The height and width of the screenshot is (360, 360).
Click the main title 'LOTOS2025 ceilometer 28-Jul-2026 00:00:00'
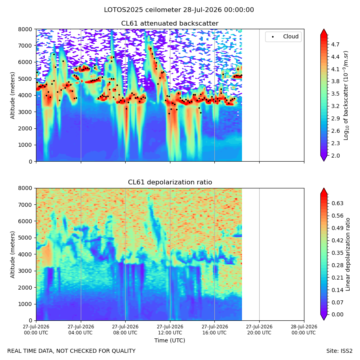(179, 10)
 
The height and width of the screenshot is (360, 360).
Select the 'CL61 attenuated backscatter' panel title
(170, 24)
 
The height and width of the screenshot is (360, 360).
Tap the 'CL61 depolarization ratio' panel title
(170, 182)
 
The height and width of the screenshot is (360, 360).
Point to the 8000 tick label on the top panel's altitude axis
(25, 29)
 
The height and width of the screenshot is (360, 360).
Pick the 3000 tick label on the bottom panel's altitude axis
(25, 271)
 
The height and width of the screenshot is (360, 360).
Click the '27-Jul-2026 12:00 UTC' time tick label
(170, 330)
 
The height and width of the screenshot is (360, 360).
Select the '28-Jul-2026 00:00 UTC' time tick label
(304, 330)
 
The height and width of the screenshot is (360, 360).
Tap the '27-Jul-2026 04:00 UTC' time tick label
(80, 330)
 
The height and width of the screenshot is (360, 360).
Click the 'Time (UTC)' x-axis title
(170, 340)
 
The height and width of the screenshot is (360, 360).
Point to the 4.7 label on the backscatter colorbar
(335, 44)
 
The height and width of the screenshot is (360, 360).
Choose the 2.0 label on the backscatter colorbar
(335, 156)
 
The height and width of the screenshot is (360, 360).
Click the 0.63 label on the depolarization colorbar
(338, 204)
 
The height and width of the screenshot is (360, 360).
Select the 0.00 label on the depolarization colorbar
(338, 314)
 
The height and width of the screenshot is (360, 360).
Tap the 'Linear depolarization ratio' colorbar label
(348, 254)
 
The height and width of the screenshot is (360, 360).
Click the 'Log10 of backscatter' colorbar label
(346, 96)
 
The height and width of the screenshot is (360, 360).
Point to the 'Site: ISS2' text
(339, 351)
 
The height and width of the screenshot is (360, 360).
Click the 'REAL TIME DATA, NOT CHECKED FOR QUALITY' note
(72, 351)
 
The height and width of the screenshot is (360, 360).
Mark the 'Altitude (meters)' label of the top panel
(12, 96)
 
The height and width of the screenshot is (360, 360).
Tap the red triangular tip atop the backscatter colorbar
(324, 32)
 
